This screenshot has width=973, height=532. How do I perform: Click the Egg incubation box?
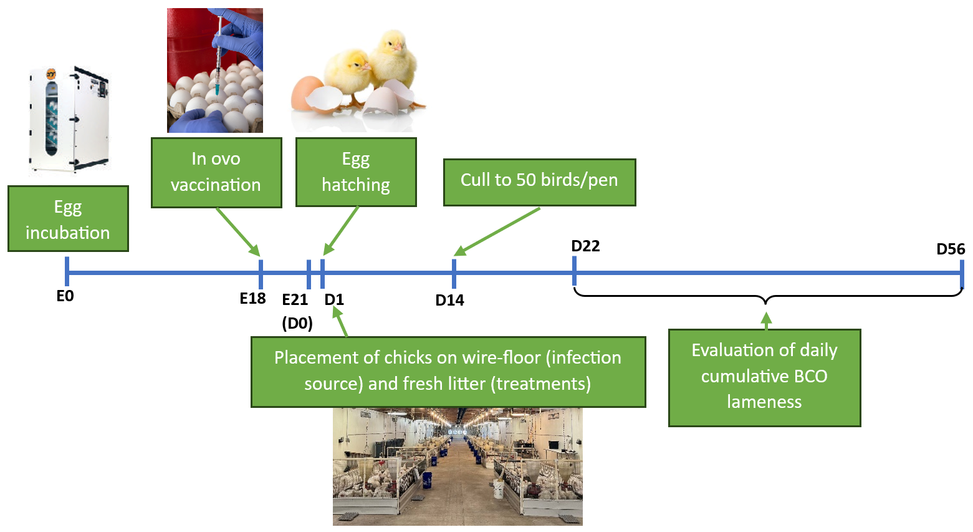click(x=68, y=219)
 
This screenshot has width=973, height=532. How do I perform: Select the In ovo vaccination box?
click(x=216, y=172)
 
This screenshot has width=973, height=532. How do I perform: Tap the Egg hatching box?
click(x=356, y=172)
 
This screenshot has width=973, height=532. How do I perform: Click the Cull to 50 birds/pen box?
click(x=539, y=181)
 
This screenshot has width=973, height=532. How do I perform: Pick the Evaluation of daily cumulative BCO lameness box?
click(x=764, y=377)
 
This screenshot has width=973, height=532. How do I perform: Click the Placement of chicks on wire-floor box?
click(x=448, y=371)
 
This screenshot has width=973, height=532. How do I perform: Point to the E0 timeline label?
click(x=65, y=296)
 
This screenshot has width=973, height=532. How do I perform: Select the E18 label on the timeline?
click(x=252, y=299)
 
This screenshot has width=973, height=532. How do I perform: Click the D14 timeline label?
click(x=449, y=300)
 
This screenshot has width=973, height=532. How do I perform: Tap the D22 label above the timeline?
click(x=585, y=246)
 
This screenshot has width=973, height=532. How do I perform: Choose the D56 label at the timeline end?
click(x=951, y=249)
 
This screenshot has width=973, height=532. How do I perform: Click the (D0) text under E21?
click(x=297, y=323)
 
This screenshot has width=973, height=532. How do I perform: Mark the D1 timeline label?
click(x=334, y=299)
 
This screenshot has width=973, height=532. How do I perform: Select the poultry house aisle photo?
click(x=458, y=466)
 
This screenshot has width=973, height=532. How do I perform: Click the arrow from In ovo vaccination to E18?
click(x=237, y=231)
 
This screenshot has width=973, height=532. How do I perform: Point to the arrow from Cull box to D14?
click(x=497, y=231)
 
